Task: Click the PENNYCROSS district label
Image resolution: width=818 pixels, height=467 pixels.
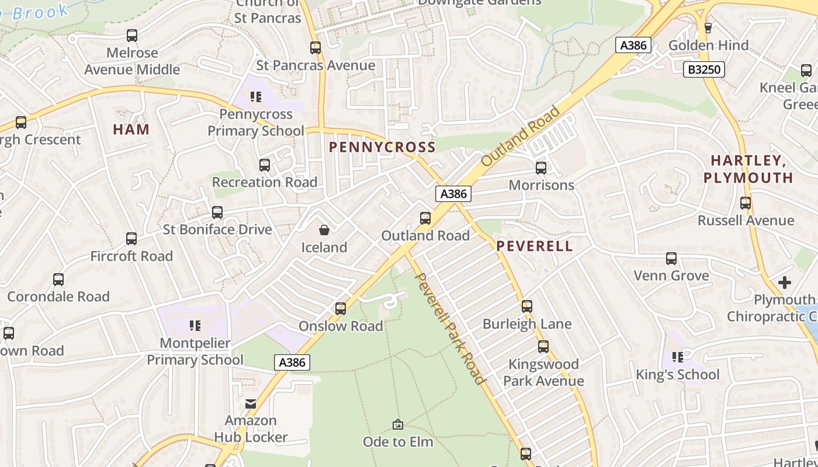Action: (383, 147)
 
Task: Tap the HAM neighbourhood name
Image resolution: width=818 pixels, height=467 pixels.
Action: (131, 130)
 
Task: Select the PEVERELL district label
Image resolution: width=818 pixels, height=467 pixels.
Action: (535, 246)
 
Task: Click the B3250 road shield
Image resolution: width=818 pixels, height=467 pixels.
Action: (704, 70)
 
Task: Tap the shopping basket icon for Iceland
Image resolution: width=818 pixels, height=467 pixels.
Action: (324, 231)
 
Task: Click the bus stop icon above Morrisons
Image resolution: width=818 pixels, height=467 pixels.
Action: (541, 168)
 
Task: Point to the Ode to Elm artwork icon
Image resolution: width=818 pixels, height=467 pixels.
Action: (398, 424)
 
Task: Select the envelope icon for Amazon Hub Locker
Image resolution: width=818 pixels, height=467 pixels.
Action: (251, 403)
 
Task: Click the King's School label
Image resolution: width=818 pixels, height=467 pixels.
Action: (678, 374)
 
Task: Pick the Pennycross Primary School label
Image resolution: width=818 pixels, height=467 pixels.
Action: (256, 123)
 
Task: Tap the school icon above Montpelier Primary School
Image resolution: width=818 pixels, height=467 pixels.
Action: (195, 325)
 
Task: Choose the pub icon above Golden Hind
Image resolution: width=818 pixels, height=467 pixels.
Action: (708, 27)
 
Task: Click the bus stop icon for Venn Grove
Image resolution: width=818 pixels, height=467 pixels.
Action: (671, 258)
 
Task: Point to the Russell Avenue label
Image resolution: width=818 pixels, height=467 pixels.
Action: (746, 221)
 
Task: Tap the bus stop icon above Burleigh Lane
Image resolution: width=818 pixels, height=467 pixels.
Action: (527, 306)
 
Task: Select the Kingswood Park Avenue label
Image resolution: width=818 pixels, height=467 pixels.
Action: (543, 372)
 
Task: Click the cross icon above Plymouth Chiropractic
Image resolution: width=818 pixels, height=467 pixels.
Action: (785, 283)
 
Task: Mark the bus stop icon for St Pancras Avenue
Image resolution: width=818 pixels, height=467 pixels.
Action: (316, 48)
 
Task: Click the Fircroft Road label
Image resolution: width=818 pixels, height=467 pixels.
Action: (131, 256)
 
